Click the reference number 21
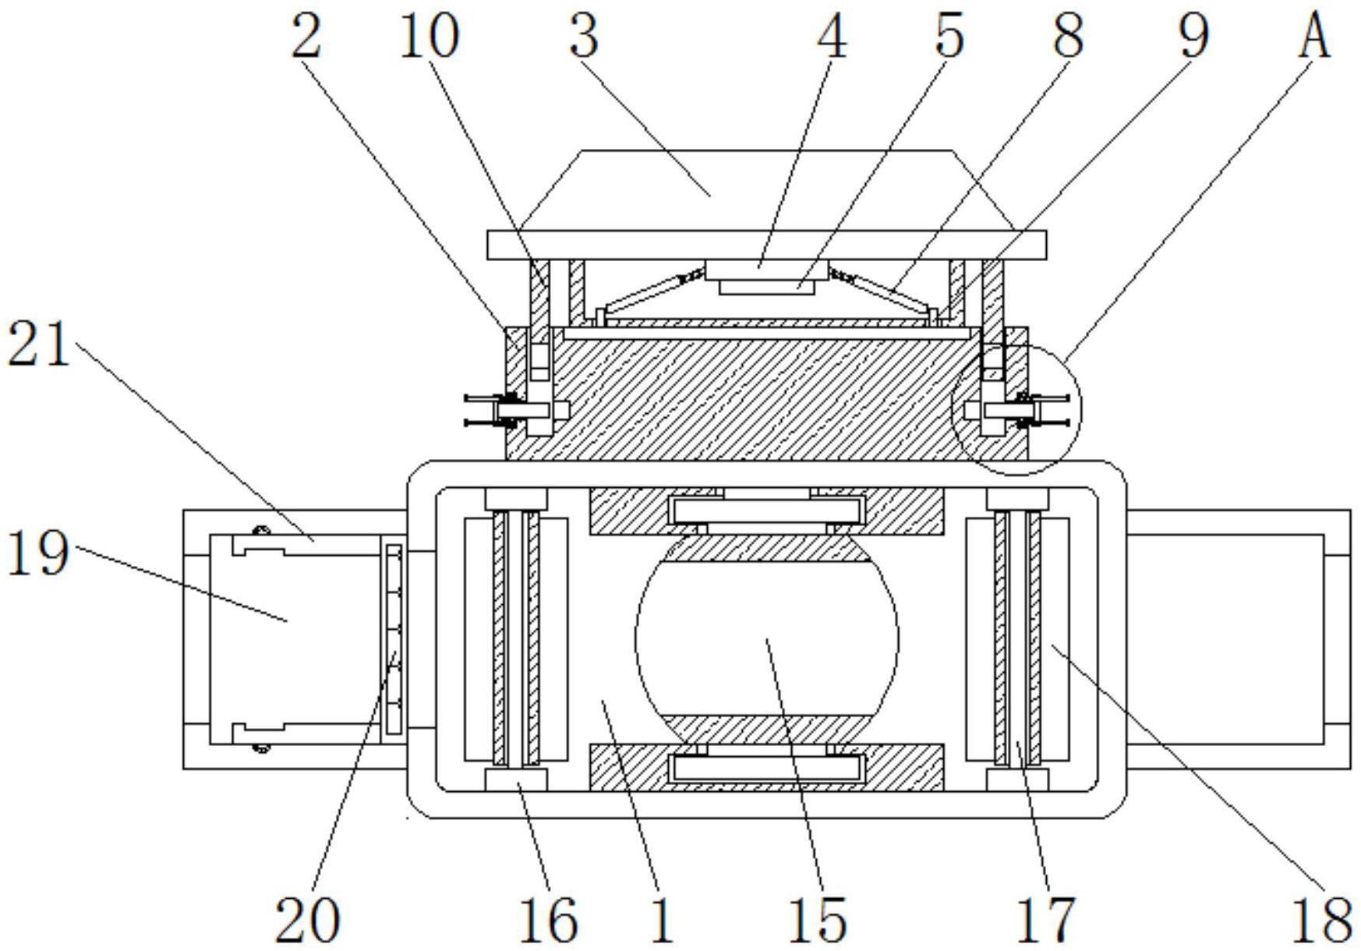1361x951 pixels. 39,345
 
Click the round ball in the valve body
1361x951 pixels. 767,638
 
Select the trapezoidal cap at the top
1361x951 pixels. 766,190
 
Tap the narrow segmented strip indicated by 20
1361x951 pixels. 395,639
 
